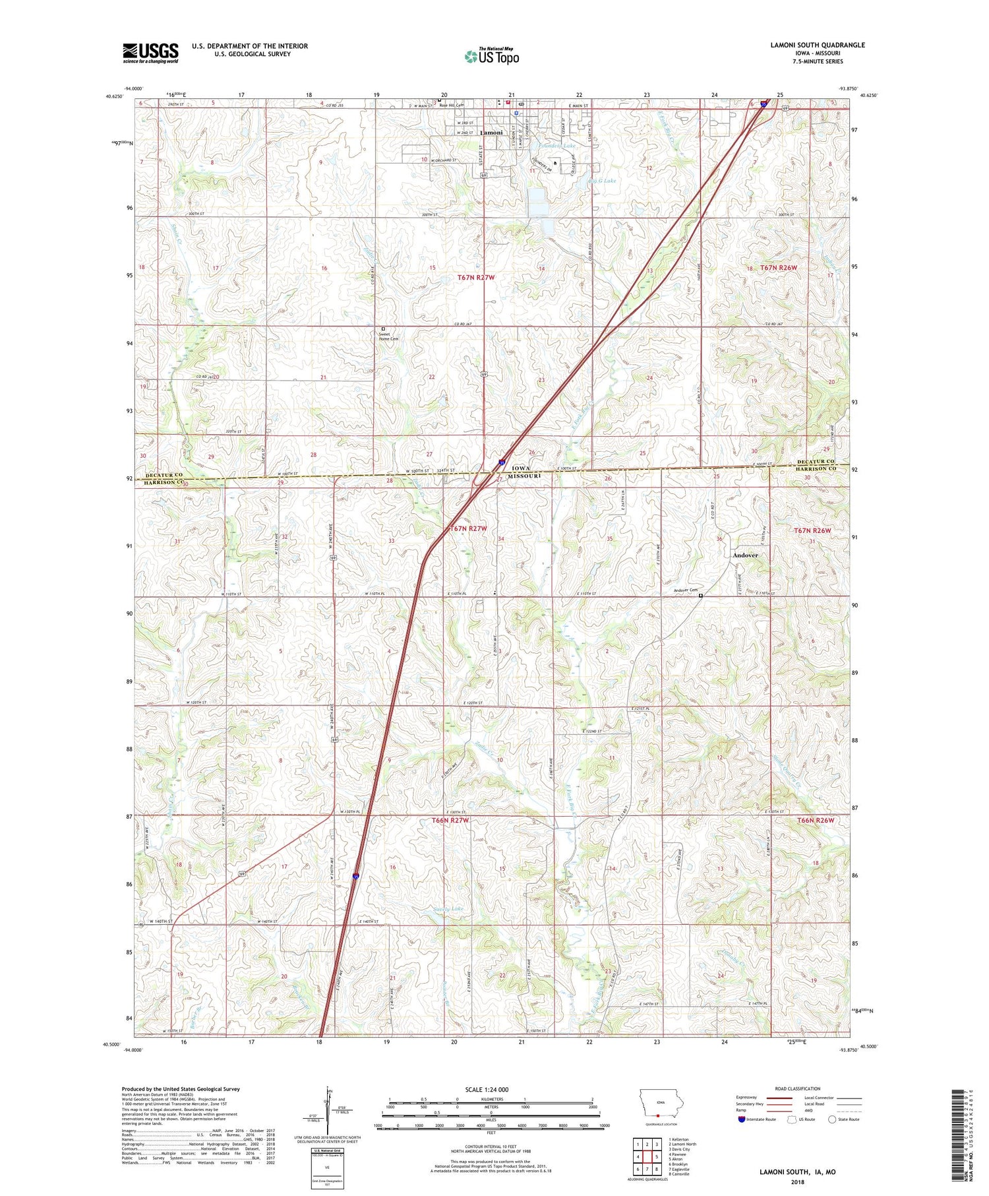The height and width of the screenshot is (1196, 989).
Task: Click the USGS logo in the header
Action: pyautogui.click(x=150, y=53)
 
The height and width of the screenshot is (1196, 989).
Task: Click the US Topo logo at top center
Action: pyautogui.click(x=491, y=56)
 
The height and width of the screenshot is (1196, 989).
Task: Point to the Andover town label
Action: pyautogui.click(x=745, y=555)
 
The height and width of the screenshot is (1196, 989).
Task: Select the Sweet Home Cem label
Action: pyautogui.click(x=389, y=336)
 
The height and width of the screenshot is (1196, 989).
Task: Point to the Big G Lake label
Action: pyautogui.click(x=601, y=180)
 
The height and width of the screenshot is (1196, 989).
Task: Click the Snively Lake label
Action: pyautogui.click(x=448, y=909)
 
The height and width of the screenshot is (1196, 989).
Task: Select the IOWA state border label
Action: pyautogui.click(x=521, y=468)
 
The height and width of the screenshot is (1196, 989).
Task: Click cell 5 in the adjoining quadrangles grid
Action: pyautogui.click(x=657, y=1156)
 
